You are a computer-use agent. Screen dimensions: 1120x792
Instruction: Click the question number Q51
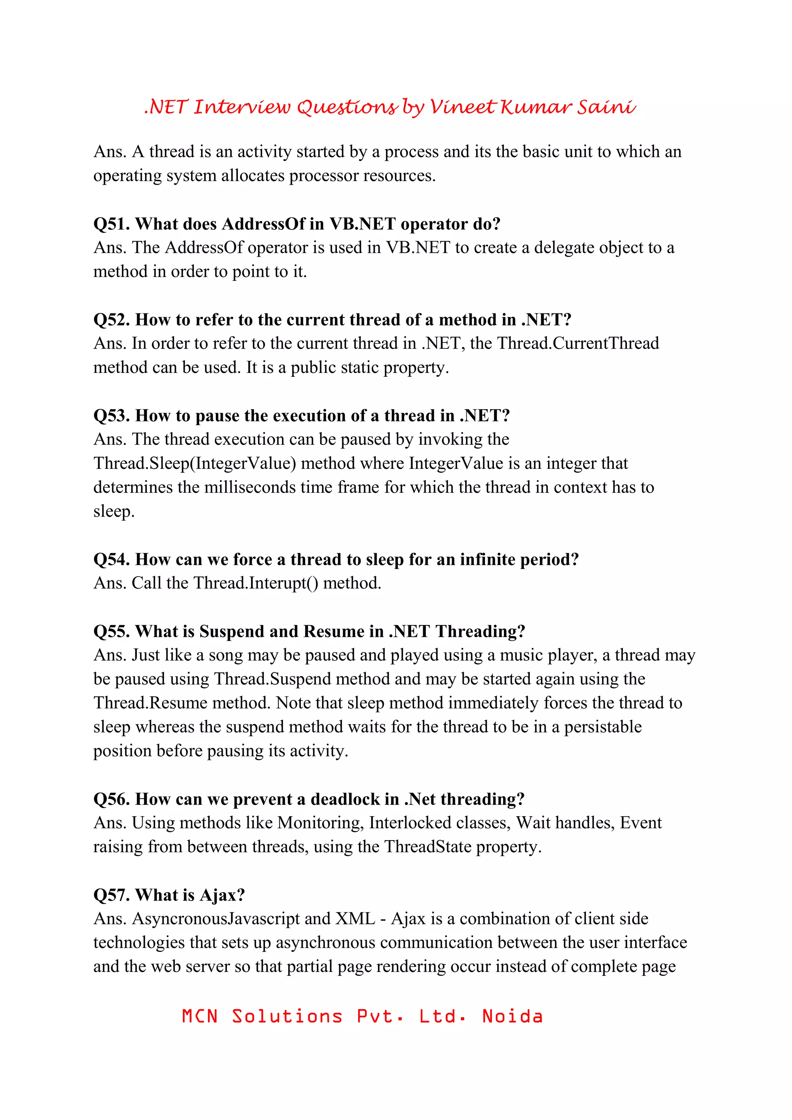[112, 224]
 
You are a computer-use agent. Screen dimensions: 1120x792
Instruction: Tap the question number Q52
[112, 320]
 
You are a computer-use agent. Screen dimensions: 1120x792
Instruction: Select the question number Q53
[112, 415]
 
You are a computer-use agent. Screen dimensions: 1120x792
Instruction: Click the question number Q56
[112, 799]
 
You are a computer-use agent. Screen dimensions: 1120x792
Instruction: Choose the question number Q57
[112, 895]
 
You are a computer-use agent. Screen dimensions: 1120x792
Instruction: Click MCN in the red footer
[200, 1016]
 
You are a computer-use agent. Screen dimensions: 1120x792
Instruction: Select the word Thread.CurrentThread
[578, 344]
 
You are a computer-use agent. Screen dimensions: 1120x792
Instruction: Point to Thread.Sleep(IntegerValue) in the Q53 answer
[195, 463]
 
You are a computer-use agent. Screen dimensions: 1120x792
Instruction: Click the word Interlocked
[410, 823]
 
